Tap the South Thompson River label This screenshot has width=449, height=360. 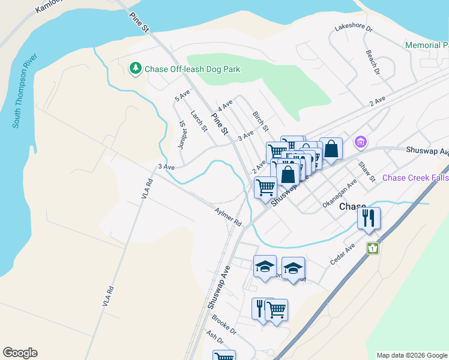[25, 91]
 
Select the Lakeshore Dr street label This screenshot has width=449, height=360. [354, 28]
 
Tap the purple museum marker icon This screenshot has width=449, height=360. [360, 142]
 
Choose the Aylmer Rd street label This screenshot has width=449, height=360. [228, 217]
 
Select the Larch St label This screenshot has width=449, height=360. [199, 121]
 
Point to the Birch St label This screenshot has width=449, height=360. [261, 122]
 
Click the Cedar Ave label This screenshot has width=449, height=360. [343, 254]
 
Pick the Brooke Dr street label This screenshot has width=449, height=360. [224, 326]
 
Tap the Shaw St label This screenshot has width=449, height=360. [366, 172]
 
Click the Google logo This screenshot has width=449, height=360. [20, 353]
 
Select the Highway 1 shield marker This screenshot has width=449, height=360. [372, 248]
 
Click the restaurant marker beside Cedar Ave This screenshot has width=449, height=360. [369, 218]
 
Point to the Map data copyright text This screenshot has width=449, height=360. [411, 355]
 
